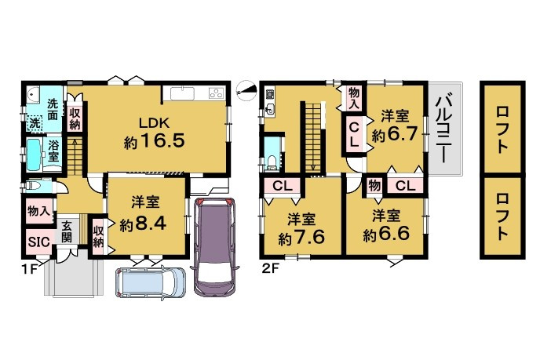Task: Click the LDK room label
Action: pos(154,123)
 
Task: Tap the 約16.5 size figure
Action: pos(154,141)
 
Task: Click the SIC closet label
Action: pos(39,242)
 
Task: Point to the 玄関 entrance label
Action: pos(67,231)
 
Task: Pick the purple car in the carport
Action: pos(214,247)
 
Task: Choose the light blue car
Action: pos(151,282)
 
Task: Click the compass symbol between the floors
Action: pos(246,90)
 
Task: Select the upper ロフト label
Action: pos(502,129)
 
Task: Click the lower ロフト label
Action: pos(502,216)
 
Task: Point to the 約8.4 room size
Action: pos(143,224)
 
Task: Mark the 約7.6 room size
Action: pos(301,238)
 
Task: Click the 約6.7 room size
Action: pos(395,135)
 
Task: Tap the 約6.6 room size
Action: pos(386,235)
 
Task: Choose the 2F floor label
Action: pos(270,268)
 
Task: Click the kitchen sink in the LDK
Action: pos(182,93)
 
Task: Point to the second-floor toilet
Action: pos(272,163)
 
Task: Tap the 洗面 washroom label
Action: pos(53,109)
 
